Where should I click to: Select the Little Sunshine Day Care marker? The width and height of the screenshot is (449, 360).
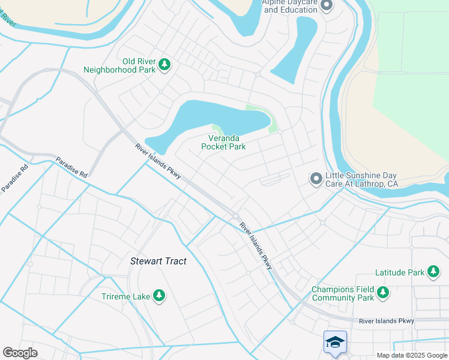pyautogui.click(x=316, y=179)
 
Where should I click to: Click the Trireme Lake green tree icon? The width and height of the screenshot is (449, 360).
pyautogui.click(x=159, y=295)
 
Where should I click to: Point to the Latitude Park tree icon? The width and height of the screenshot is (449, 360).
pyautogui.click(x=433, y=272)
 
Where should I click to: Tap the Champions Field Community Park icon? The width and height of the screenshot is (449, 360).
pyautogui.click(x=382, y=293)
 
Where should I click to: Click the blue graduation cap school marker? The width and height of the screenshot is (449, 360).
pyautogui.click(x=335, y=343)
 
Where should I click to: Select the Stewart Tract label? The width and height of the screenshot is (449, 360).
pyautogui.click(x=158, y=261)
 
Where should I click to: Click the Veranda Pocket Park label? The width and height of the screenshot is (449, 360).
pyautogui.click(x=223, y=142)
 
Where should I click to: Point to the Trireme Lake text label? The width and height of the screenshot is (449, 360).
pyautogui.click(x=127, y=295)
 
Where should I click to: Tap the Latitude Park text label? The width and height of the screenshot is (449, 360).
pyautogui.click(x=400, y=272)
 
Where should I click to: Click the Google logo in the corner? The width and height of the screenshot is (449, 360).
pyautogui.click(x=20, y=353)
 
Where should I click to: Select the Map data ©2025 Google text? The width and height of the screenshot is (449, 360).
pyautogui.click(x=412, y=355)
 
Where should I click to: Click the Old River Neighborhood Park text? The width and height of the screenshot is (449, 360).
pyautogui.click(x=139, y=65)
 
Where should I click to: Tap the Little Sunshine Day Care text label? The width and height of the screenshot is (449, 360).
pyautogui.click(x=361, y=179)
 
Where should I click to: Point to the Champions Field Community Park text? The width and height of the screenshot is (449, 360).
pyautogui.click(x=343, y=293)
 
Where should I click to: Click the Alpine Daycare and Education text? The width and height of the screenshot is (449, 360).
pyautogui.click(x=290, y=7)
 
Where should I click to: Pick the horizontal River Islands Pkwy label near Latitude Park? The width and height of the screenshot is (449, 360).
pyautogui.click(x=387, y=322)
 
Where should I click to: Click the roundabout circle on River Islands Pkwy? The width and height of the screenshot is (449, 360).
pyautogui.click(x=236, y=216)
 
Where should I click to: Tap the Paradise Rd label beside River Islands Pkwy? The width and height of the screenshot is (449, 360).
pyautogui.click(x=71, y=167)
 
